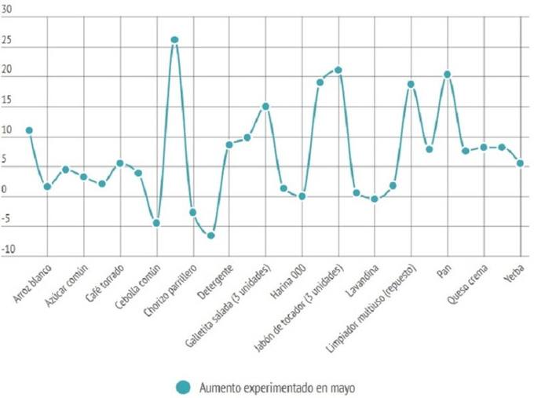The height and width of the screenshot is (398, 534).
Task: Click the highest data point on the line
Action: [174, 39]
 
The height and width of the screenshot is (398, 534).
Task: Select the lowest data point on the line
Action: [210, 236]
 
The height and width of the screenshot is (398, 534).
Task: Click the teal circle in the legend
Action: [184, 385]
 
